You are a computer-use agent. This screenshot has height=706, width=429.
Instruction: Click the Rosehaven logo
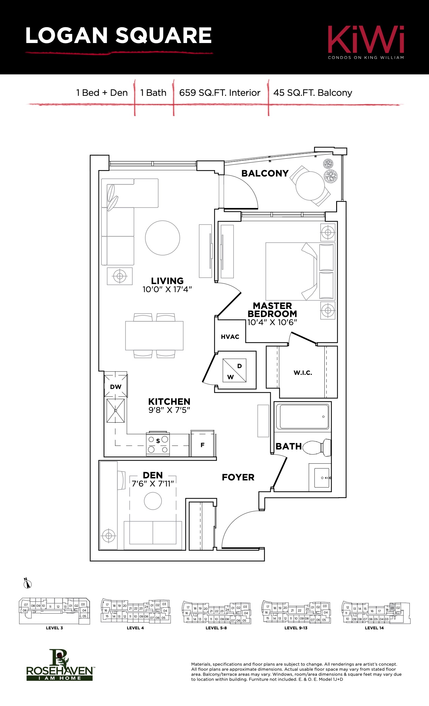60,665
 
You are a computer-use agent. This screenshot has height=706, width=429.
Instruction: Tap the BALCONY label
265,173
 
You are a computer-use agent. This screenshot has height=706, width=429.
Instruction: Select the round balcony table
310,186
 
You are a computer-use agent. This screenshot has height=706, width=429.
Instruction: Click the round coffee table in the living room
163,238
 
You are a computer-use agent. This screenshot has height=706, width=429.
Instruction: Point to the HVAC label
230,337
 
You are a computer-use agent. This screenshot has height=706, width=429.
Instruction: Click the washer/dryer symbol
235,370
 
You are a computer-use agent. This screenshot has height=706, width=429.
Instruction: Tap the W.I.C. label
303,372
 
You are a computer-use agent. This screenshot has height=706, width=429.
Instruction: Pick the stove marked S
158,444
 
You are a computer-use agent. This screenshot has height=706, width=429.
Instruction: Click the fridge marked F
203,443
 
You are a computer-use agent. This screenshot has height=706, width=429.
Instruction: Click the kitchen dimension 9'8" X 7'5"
169,410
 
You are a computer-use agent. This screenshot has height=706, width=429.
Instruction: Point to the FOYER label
238,477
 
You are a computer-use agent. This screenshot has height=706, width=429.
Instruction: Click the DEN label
153,475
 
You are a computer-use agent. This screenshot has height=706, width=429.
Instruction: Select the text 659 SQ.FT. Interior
220,93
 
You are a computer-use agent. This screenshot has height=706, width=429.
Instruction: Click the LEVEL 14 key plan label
374,628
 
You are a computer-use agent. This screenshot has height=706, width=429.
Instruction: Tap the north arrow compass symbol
28,584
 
